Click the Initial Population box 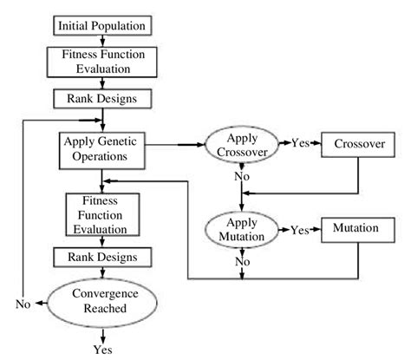101,25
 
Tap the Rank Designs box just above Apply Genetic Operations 101,98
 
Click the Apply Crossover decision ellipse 243,144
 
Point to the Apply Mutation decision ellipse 243,228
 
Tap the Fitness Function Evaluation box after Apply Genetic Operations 101,213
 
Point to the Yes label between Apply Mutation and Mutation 299,231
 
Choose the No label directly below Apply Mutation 243,261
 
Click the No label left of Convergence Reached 24,304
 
